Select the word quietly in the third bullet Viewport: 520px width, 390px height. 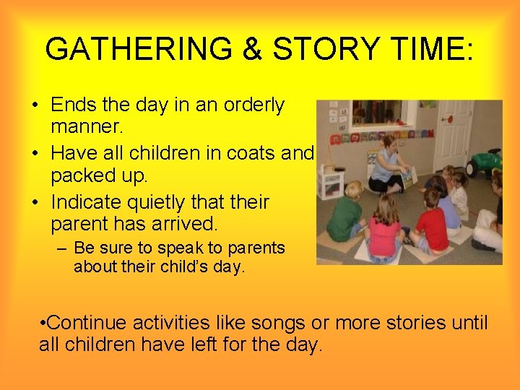pos(162,201)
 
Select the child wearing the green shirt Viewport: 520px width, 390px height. pos(344,216)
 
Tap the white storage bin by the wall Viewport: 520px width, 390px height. pos(331,183)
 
